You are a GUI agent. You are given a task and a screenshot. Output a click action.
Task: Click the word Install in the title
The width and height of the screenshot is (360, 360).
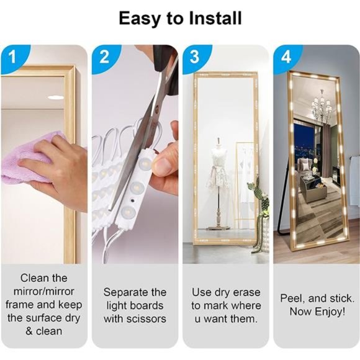click(215, 19)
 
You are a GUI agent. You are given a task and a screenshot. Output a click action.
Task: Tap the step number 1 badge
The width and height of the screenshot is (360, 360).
click(14, 57)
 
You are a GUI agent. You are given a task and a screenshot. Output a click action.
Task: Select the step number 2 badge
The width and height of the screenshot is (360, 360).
click(105, 57)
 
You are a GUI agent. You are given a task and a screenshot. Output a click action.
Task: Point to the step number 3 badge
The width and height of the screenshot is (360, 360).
click(195, 57)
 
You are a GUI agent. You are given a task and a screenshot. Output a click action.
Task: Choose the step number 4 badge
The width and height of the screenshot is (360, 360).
click(286, 57)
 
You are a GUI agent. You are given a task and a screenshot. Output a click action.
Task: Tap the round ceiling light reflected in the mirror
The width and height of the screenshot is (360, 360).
click(56, 97)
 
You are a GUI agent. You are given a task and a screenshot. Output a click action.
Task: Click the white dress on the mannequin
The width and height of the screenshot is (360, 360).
click(218, 170)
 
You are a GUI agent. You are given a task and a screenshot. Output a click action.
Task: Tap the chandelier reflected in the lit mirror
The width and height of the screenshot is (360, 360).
click(322, 105)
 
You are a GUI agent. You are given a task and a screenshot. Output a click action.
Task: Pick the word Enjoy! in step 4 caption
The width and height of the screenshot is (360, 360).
click(330, 312)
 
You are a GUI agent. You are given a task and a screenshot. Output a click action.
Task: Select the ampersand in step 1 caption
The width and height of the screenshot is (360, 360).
click(29, 331)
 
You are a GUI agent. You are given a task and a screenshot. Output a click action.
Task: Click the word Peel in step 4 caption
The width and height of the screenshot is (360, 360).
click(292, 299)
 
